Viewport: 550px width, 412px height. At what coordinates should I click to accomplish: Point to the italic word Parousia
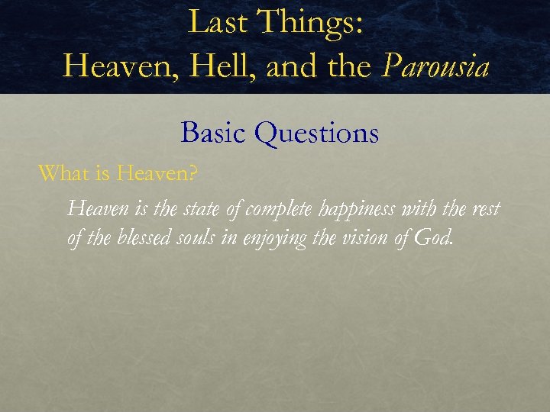coord(435,66)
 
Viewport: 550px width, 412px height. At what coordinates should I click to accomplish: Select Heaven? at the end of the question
coord(157,174)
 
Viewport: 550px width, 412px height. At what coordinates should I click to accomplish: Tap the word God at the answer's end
coord(435,239)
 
